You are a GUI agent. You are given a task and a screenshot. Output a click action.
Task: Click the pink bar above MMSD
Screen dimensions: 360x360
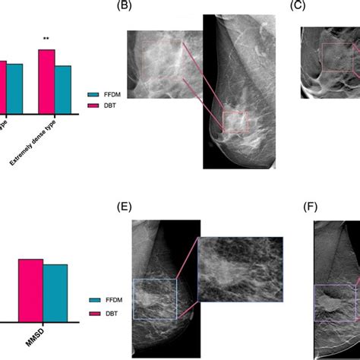(30, 289)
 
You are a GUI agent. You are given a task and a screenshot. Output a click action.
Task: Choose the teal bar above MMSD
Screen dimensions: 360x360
(55, 292)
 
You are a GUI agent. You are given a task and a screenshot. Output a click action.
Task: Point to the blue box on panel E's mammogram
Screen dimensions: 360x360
(154, 299)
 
